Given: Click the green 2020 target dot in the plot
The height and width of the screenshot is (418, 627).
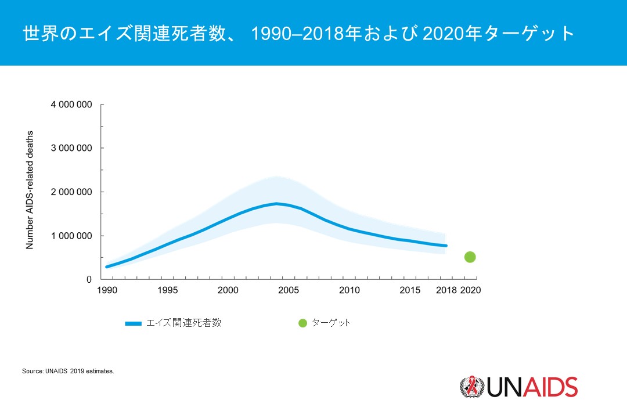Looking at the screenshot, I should pyautogui.click(x=470, y=257).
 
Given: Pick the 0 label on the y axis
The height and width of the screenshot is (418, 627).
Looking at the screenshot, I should pyautogui.click(x=89, y=279).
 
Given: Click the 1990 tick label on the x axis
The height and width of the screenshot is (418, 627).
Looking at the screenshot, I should pyautogui.click(x=107, y=290).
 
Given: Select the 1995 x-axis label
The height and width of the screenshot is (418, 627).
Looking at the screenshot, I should pyautogui.click(x=167, y=290).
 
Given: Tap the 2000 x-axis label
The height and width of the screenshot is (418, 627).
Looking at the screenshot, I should pyautogui.click(x=228, y=290).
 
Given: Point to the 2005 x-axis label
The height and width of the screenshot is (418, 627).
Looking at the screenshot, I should pyautogui.click(x=289, y=290).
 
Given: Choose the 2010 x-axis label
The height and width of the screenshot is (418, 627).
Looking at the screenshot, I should pyautogui.click(x=349, y=290).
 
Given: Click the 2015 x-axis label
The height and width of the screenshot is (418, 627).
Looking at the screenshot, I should pyautogui.click(x=410, y=290).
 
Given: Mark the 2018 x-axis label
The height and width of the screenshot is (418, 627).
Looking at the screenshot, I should pyautogui.click(x=446, y=290).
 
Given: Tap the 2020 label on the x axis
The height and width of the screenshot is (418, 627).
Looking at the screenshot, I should pyautogui.click(x=470, y=290).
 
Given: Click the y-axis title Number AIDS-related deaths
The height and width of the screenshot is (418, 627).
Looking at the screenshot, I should pyautogui.click(x=30, y=190).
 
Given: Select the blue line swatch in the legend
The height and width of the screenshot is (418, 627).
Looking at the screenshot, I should pyautogui.click(x=133, y=323).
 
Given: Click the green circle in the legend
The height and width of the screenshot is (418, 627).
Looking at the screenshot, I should pyautogui.click(x=302, y=323).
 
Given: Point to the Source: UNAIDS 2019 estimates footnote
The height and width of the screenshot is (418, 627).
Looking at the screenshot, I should pyautogui.click(x=68, y=370).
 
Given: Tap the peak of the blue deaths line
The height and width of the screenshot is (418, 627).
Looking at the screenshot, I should pyautogui.click(x=276, y=203).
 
